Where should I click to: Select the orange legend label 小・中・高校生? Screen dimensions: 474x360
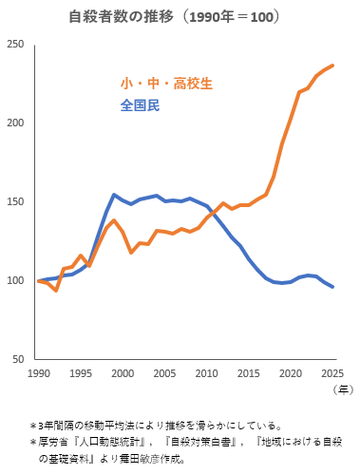click(x=166, y=84)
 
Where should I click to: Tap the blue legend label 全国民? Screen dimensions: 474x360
click(x=140, y=105)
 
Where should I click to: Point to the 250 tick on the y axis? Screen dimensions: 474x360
click(x=16, y=46)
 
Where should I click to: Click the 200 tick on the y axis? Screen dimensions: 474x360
click(x=16, y=123)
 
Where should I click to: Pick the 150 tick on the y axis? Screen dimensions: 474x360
click(x=16, y=202)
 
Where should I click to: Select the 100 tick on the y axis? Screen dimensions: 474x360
click(x=16, y=281)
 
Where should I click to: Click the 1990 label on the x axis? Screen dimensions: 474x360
click(x=39, y=373)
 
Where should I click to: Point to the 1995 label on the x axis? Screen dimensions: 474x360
click(x=81, y=373)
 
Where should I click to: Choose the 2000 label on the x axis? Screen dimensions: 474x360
click(x=123, y=373)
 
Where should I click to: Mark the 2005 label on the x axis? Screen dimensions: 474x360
click(x=164, y=373)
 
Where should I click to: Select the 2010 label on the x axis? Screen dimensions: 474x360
click(x=206, y=373)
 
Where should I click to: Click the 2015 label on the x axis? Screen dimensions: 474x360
click(x=249, y=373)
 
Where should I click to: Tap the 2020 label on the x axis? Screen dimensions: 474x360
click(x=291, y=373)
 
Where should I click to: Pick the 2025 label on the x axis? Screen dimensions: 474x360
click(x=332, y=373)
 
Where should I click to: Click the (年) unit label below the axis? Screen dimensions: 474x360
click(x=341, y=389)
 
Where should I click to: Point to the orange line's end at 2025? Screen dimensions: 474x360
click(x=332, y=66)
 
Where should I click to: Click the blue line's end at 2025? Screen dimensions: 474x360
click(x=332, y=287)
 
